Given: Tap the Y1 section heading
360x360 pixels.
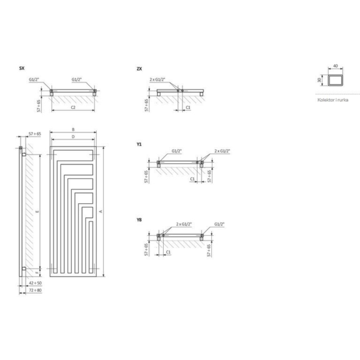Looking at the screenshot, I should click(x=139, y=144).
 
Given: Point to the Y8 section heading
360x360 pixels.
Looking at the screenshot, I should click(x=139, y=219).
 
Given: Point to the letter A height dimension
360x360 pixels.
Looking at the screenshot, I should click(x=100, y=212).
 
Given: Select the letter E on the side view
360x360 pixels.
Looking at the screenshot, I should click(x=37, y=212).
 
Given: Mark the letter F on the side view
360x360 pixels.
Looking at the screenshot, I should click(x=37, y=273).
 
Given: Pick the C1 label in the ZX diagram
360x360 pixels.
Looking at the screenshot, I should click(x=188, y=107).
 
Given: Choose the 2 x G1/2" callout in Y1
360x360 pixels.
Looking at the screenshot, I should click(x=222, y=152).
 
